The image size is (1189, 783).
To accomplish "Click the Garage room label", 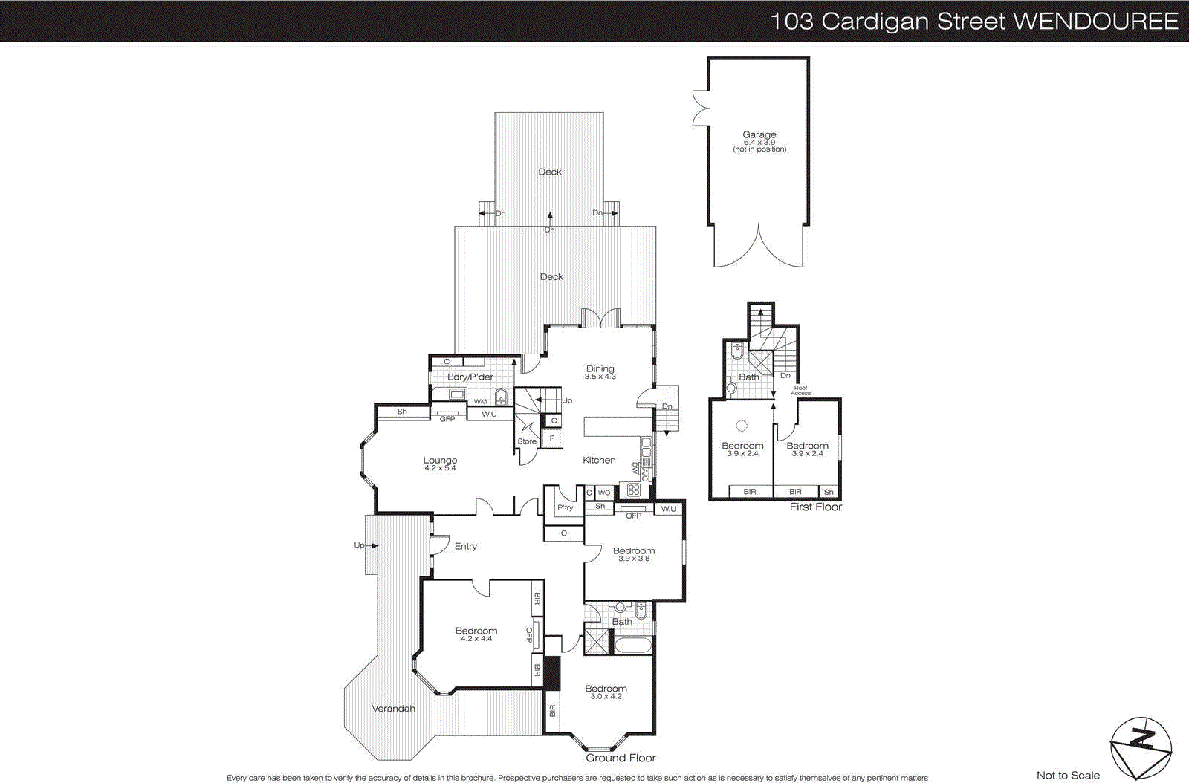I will pos(759,141).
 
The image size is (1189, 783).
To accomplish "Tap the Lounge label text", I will pos(440,464).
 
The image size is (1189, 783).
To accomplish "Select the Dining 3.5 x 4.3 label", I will pos(600,372).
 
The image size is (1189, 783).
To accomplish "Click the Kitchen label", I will pos(599,460).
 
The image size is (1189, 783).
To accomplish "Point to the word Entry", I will pos(466,546).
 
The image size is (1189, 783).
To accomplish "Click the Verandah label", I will pos(393,709).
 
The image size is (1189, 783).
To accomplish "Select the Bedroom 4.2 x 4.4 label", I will pos(476,634).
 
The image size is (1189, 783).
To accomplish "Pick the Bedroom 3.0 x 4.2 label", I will pos(606,692).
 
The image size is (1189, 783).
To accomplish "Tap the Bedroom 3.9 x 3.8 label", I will pos(634,554).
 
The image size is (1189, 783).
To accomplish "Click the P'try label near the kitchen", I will pos(566,507).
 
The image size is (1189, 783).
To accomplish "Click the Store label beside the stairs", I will pos(527,441).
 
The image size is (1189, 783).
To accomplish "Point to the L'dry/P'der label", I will pos(470,377).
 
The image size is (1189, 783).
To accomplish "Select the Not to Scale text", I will pos(1068,775).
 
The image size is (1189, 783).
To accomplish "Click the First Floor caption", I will pos(815,507).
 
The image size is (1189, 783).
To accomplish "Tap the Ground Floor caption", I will pos(621,758).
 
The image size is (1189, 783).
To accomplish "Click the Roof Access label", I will pos(800,390).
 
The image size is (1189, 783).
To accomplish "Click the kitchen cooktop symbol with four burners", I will pos(633,490).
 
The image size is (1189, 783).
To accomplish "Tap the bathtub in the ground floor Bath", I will pos(632,644).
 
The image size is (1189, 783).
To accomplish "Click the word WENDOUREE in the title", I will pos(1095,21).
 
